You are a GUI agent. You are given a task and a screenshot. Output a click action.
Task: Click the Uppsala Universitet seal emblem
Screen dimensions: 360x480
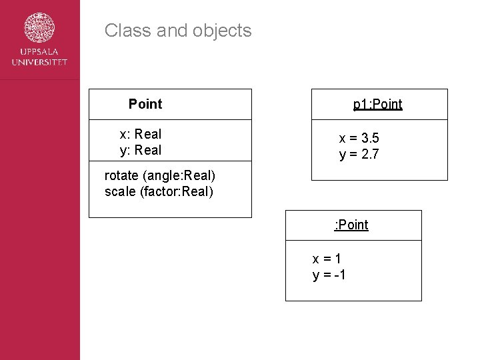point(39,28)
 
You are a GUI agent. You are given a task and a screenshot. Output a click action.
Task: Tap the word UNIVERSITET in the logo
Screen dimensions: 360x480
point(39,62)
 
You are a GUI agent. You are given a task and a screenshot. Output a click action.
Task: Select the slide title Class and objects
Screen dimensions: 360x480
point(178,31)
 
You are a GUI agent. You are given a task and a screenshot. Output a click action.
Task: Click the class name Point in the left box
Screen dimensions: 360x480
point(145,104)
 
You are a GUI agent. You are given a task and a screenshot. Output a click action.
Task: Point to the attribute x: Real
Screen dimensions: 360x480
point(141,134)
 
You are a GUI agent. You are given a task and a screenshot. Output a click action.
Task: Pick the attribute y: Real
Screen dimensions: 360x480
point(141,150)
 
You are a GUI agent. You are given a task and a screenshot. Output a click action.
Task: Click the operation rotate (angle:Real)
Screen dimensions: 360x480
point(160,176)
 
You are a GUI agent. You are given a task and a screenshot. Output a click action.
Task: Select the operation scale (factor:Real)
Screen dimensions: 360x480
point(159,192)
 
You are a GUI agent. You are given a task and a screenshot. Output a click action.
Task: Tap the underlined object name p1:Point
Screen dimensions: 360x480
point(377,104)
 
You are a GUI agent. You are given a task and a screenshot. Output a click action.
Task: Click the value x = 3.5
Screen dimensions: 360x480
point(359,139)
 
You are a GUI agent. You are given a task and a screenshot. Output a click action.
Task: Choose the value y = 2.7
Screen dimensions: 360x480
point(359,155)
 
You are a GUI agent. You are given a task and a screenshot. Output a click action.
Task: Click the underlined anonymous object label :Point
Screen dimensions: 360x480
point(351,225)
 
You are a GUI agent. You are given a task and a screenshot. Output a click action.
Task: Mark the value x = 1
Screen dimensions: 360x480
point(327,259)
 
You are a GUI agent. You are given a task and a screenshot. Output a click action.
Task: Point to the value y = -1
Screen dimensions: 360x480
point(329,275)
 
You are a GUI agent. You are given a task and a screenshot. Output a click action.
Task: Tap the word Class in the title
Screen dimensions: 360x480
point(123,31)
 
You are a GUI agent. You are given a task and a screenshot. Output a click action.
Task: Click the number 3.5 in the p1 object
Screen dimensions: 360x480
point(370,139)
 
